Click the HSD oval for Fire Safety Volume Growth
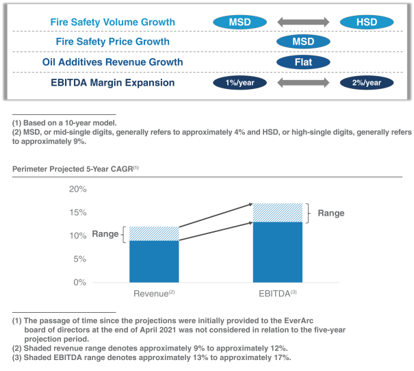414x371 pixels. pos(367,22)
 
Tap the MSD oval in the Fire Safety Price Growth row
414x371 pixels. pos(303,42)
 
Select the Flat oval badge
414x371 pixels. pos(303,62)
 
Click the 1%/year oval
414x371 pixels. pos(240,83)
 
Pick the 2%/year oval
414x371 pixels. pos(367,83)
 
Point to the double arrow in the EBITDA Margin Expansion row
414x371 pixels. pos(303,83)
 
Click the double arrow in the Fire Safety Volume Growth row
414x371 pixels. pos(303,22)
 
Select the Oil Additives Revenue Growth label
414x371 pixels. pos(112,62)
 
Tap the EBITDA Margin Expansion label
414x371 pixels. pos(112,83)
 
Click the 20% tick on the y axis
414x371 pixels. pos(78,189)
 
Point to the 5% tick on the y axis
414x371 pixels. pos(80,259)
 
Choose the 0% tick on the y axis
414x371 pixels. pos(80,282)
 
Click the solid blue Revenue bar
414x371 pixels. pos(154,261)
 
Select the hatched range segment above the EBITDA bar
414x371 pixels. pos(278,213)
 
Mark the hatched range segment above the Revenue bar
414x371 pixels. pos(154,233)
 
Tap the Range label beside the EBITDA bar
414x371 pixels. pos(331,213)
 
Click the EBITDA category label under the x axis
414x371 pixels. pos(278,294)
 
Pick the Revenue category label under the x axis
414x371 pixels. pos(154,294)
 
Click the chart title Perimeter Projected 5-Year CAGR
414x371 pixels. pos(75,169)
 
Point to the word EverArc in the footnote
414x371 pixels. pos(298,320)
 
